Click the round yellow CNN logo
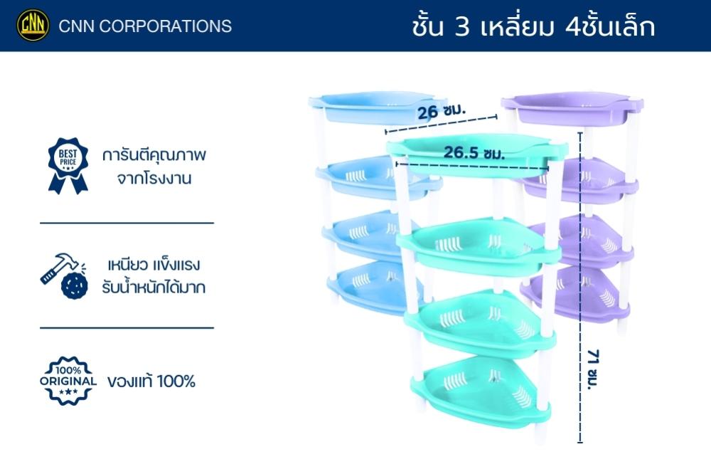pyautogui.click(x=33, y=26)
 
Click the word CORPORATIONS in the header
pyautogui.click(x=165, y=26)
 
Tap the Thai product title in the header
pyautogui.click(x=533, y=26)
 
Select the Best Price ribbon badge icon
pyautogui.click(x=68, y=166)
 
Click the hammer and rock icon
pyautogui.click(x=64, y=276)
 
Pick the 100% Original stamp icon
pyautogui.click(x=68, y=381)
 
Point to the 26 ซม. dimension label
pyautogui.click(x=441, y=111)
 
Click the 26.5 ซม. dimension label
pyautogui.click(x=474, y=152)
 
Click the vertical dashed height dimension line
pyautogui.click(x=580, y=287)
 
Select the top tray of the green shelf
pyautogui.click(x=476, y=154)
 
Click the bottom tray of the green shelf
pyautogui.click(x=481, y=391)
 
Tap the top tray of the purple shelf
pyautogui.click(x=572, y=109)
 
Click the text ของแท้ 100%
pyautogui.click(x=151, y=381)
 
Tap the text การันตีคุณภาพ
pyautogui.click(x=154, y=155)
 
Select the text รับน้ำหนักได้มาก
pyautogui.click(x=154, y=288)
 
